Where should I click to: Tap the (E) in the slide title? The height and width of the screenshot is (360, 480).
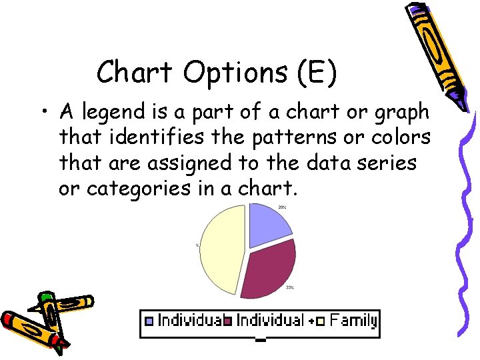pyautogui.click(x=313, y=73)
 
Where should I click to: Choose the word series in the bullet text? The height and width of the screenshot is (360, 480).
pyautogui.click(x=391, y=163)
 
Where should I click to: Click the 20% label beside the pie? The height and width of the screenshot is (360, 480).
pyautogui.click(x=283, y=207)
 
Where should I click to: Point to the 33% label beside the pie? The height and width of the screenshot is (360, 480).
pyautogui.click(x=290, y=287)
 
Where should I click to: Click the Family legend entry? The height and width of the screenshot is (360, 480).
pyautogui.click(x=353, y=321)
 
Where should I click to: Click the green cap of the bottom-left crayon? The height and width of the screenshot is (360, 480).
pyautogui.click(x=45, y=297)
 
